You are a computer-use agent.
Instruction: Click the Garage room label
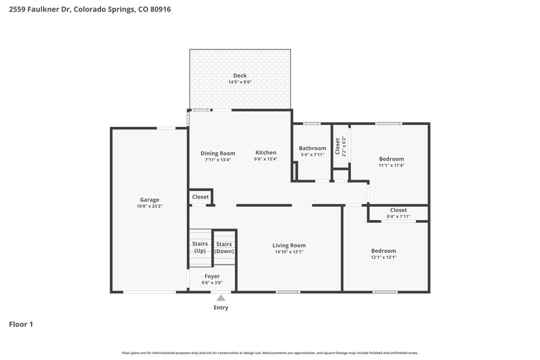[149, 200]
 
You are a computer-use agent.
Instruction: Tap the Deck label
[240, 76]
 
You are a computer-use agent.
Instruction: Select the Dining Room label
[218, 153]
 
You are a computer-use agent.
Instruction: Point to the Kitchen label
[265, 153]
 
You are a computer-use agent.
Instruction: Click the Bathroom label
[313, 149]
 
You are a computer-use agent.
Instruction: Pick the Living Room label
[289, 245]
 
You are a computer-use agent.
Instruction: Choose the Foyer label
[211, 276]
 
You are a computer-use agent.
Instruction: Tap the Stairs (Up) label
[200, 247]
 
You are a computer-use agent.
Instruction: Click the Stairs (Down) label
[224, 247]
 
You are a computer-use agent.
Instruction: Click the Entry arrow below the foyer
[220, 297]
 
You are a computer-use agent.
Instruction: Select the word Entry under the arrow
[221, 308]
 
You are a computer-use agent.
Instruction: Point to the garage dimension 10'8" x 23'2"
[149, 206]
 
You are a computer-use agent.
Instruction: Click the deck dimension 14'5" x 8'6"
[240, 82]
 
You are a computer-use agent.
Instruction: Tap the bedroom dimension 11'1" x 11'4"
[391, 165]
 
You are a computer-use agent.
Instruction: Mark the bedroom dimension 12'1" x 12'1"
[383, 257]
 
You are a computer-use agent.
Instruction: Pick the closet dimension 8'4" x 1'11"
[398, 216]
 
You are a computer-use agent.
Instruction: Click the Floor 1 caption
[21, 324]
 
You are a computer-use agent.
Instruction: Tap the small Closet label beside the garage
[200, 197]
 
